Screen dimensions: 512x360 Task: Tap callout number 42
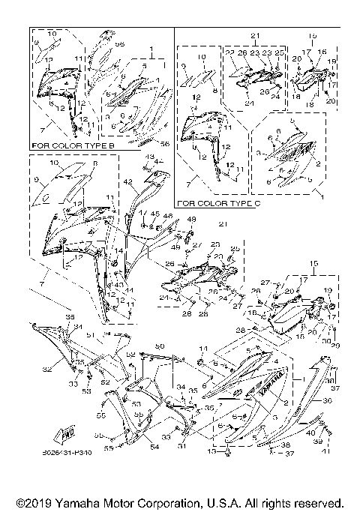point(127,182)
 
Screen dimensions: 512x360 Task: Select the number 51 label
point(89,334)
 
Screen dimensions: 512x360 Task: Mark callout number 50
point(159,346)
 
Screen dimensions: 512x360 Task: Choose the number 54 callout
point(154,448)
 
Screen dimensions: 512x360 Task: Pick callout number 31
point(180,448)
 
